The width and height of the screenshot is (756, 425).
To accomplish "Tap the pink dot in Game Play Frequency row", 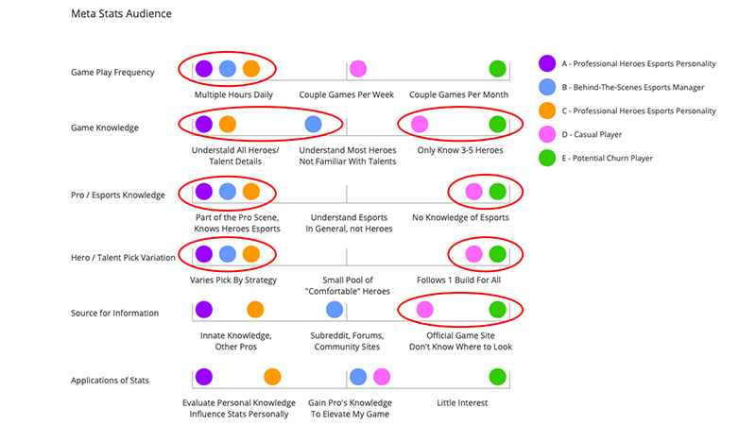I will click(358, 69).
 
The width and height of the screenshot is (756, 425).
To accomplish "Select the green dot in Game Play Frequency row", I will click(497, 69).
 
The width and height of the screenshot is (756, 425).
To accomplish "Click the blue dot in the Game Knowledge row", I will click(313, 124).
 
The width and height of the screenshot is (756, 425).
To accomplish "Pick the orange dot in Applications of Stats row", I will click(273, 377).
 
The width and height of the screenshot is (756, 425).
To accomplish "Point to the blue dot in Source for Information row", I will click(335, 309).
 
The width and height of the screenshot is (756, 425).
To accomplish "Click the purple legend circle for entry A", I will click(546, 64).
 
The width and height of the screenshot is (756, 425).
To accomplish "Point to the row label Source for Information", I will click(114, 313).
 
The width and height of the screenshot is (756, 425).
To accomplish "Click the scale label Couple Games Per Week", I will click(346, 94).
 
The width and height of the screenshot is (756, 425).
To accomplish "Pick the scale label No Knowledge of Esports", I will click(460, 218).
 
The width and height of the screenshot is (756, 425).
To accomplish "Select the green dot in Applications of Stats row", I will click(497, 377).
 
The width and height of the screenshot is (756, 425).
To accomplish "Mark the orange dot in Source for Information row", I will click(255, 309).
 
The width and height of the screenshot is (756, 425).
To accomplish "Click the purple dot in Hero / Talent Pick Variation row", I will click(203, 254).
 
